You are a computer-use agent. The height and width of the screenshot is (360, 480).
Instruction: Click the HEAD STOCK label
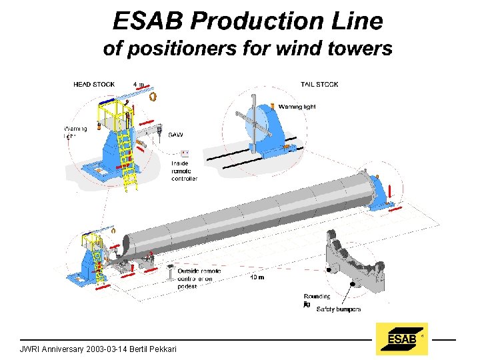tap(94, 85)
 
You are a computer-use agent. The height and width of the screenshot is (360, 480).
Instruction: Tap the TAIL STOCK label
tap(319, 85)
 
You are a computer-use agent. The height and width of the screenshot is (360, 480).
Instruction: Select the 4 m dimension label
tap(139, 85)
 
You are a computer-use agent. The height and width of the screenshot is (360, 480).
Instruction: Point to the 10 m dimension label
tap(256, 277)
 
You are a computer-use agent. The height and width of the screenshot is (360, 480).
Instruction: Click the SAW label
tap(176, 135)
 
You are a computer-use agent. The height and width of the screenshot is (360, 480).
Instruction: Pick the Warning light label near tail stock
tap(297, 107)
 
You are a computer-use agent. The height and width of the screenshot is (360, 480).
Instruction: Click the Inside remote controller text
tap(184, 171)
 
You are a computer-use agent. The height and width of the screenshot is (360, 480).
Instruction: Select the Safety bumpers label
tap(339, 309)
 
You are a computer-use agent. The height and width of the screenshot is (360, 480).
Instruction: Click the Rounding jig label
tap(317, 299)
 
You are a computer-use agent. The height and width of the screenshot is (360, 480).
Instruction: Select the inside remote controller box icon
tap(185, 153)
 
